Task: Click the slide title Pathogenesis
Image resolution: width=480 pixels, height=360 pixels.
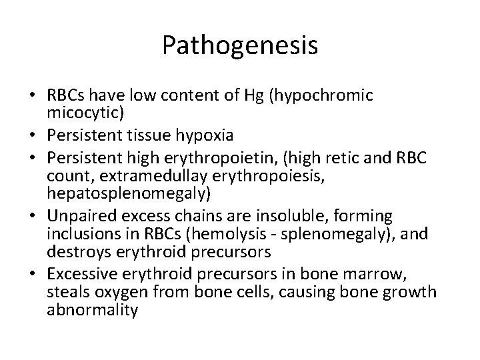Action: tap(240, 45)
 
